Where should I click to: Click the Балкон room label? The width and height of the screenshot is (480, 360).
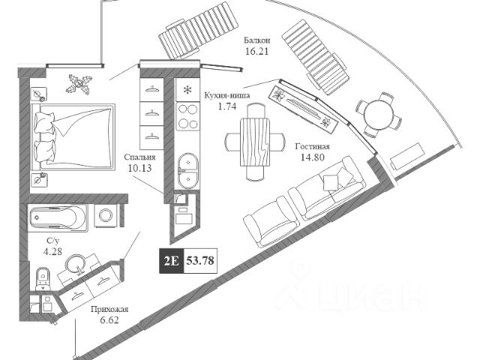257,41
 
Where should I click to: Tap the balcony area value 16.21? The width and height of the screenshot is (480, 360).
257,53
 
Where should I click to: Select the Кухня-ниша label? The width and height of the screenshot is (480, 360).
227,95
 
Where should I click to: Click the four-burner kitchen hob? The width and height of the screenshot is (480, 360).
187,117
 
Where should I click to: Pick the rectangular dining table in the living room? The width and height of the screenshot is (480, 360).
253,142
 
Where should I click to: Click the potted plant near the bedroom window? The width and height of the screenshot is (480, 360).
77,81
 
